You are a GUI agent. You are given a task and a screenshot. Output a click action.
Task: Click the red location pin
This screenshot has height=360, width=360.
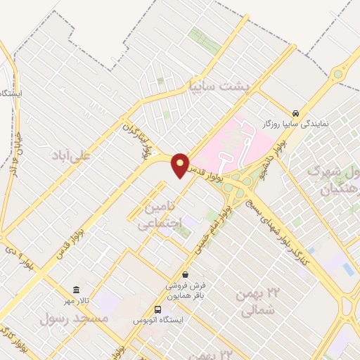click(x=180, y=165)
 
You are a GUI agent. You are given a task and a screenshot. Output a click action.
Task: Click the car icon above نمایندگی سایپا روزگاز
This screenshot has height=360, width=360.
click(x=297, y=112)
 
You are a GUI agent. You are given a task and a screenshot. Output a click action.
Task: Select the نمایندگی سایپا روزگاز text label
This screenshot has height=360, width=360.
click(x=295, y=124)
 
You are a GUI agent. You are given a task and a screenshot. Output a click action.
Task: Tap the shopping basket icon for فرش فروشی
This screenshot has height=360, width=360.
click(x=184, y=274)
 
